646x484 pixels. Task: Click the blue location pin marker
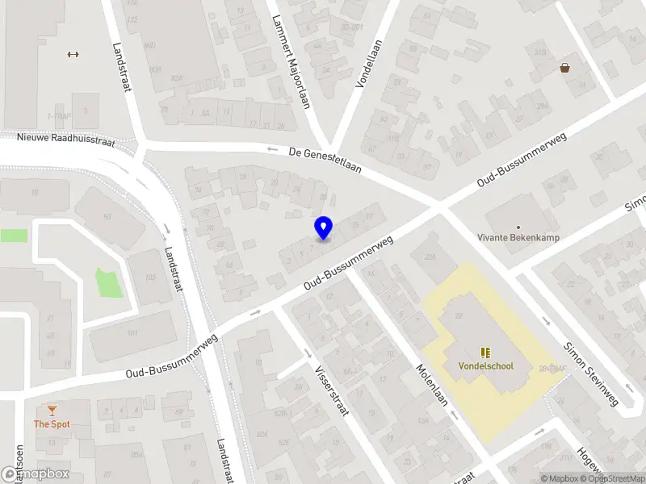323,227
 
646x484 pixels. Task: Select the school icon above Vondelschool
485,352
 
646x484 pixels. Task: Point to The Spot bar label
52,423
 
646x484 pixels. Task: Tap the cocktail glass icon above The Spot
52,411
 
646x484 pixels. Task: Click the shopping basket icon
564,68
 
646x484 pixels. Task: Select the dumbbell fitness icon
73,55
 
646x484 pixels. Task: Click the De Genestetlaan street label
325,159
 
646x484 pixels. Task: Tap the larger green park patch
110,282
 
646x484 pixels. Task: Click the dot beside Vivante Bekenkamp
518,227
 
